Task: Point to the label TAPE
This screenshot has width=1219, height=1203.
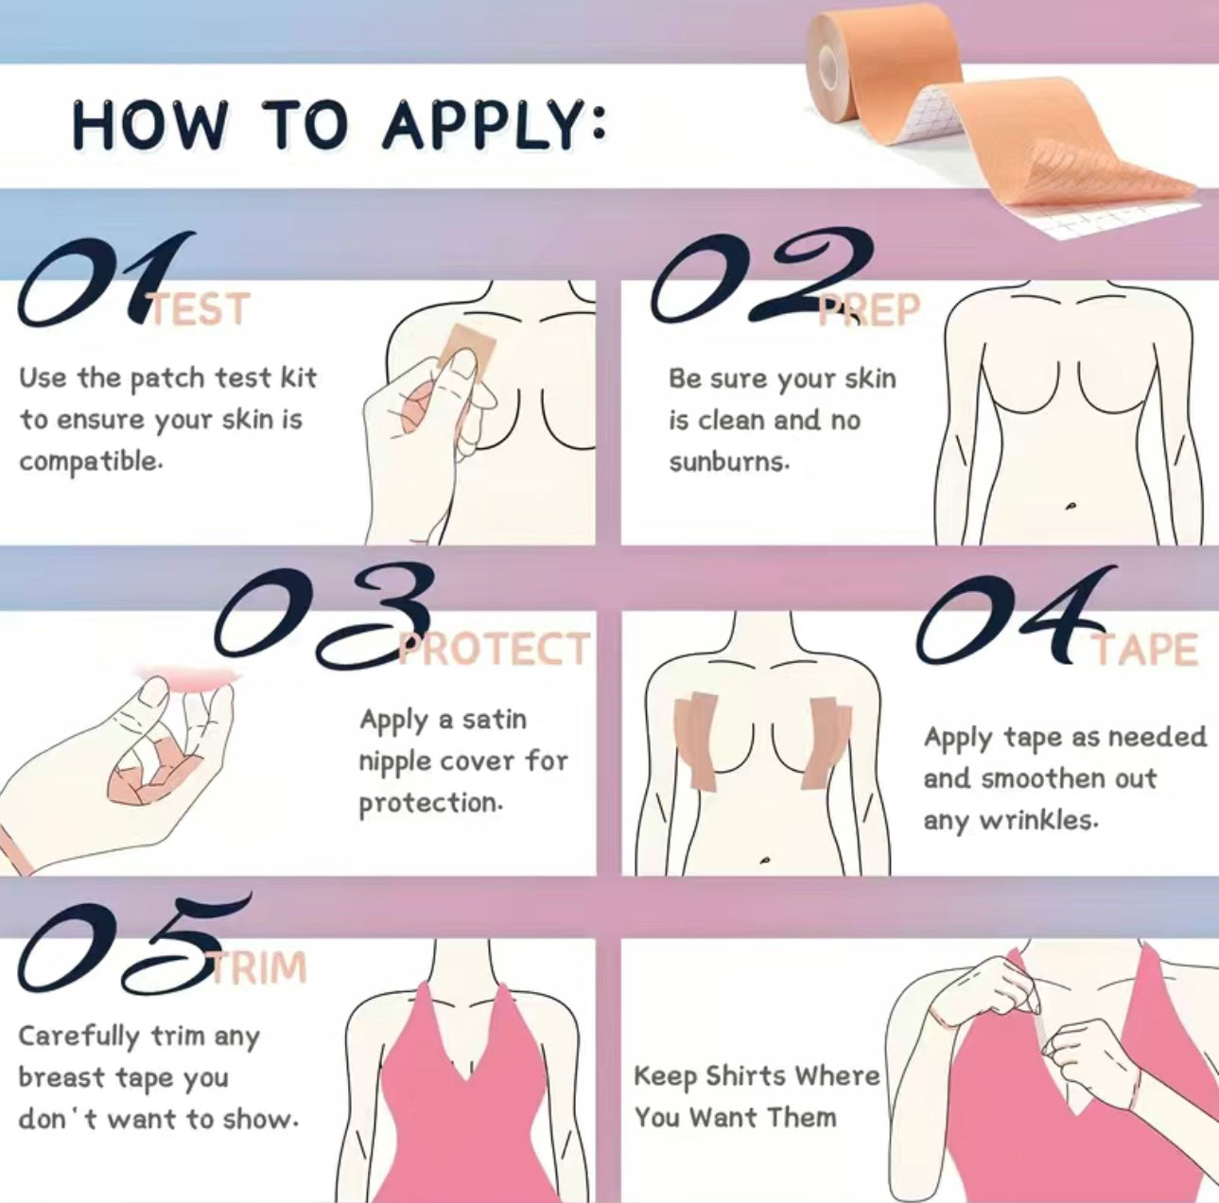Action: click(1146, 650)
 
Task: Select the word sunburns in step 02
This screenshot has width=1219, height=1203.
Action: click(728, 462)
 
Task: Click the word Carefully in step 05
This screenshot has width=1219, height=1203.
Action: click(78, 1037)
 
